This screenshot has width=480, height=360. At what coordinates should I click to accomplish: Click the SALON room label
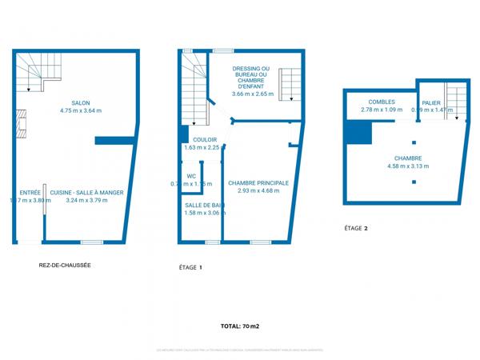(81, 103)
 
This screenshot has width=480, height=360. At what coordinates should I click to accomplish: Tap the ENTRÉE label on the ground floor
(30, 193)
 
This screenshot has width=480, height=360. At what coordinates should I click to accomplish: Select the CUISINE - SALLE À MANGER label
(86, 193)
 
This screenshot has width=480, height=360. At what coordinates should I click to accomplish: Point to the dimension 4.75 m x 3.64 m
(81, 111)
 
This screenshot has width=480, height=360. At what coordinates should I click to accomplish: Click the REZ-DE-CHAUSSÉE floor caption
(64, 266)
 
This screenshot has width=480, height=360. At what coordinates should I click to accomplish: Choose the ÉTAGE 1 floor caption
(190, 266)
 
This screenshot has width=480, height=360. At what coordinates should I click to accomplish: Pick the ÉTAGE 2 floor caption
(356, 229)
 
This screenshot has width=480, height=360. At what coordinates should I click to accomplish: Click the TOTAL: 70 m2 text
(240, 326)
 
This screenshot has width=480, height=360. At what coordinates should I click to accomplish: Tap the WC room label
(191, 176)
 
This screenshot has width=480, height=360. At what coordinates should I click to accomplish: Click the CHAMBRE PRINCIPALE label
(258, 183)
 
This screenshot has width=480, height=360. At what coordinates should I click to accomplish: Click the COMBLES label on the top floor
(382, 102)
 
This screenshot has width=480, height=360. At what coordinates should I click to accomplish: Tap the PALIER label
(432, 102)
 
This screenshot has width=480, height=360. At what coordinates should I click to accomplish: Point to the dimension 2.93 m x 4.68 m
(258, 191)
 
